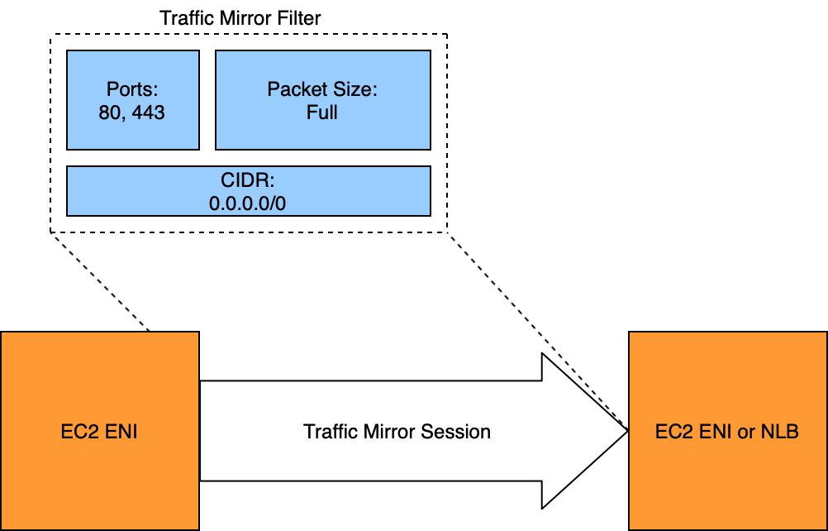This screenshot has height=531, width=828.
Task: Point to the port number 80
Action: [x=108, y=112]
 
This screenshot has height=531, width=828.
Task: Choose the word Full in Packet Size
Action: [x=322, y=112]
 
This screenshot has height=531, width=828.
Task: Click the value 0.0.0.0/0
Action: [x=248, y=203]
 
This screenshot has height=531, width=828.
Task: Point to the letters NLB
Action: [x=780, y=432]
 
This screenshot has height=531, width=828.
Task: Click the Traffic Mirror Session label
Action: [x=397, y=432]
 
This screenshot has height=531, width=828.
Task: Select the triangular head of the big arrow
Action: [x=578, y=431]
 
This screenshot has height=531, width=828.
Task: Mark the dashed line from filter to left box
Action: [x=99, y=282]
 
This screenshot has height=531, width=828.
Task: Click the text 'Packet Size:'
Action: [x=322, y=90]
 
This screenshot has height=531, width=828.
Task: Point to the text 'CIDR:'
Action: [x=248, y=180]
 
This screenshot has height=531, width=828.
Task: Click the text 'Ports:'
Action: [x=132, y=90]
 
